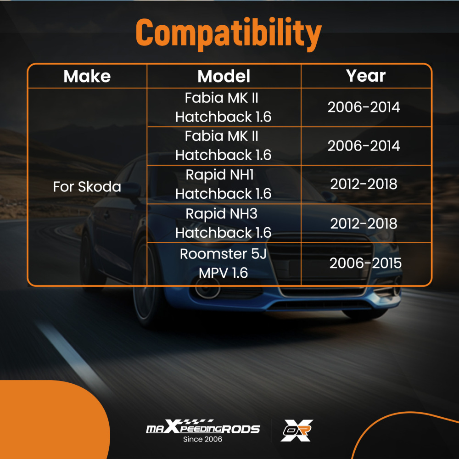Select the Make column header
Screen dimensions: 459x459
pos(87,76)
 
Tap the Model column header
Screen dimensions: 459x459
pos(224,76)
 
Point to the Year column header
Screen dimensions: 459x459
pos(366,76)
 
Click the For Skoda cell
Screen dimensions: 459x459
pos(87,186)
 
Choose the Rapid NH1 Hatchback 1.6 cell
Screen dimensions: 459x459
pos(224,184)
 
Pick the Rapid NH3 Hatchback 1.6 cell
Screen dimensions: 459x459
pos(224,223)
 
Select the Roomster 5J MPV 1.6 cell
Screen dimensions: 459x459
pos(224,263)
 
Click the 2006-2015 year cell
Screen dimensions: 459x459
pos(365,263)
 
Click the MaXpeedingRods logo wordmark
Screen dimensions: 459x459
pos(203,427)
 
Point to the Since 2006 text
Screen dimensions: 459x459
pos(202,439)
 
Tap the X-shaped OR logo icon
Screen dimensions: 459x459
pos(297,431)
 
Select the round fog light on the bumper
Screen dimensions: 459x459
pos(207,288)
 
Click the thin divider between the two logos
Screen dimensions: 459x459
pos(271,431)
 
